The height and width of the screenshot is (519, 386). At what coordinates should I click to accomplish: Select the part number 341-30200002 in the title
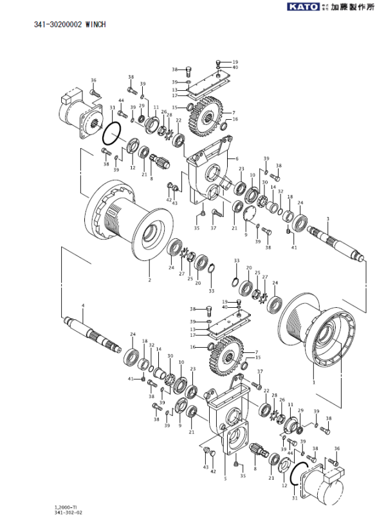click(57, 24)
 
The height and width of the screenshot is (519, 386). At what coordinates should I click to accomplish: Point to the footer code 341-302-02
click(68, 513)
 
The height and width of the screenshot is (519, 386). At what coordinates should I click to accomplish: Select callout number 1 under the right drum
click(313, 381)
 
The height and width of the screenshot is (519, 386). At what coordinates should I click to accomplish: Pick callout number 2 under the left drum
click(149, 280)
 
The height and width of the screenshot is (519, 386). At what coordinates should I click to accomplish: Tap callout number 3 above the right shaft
click(327, 220)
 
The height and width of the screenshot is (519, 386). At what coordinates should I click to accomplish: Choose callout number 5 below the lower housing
click(225, 478)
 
